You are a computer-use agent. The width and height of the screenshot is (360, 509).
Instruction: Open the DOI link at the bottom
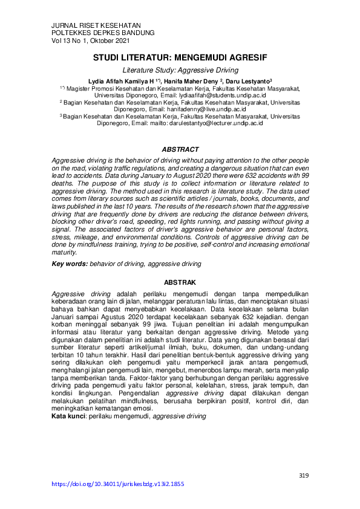[119, 484]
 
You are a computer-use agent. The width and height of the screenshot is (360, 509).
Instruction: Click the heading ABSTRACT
[180, 149]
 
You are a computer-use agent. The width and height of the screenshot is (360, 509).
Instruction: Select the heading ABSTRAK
[180, 282]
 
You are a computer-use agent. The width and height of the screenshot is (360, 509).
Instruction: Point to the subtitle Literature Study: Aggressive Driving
[180, 71]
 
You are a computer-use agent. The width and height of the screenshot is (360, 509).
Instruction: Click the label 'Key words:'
[70, 264]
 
